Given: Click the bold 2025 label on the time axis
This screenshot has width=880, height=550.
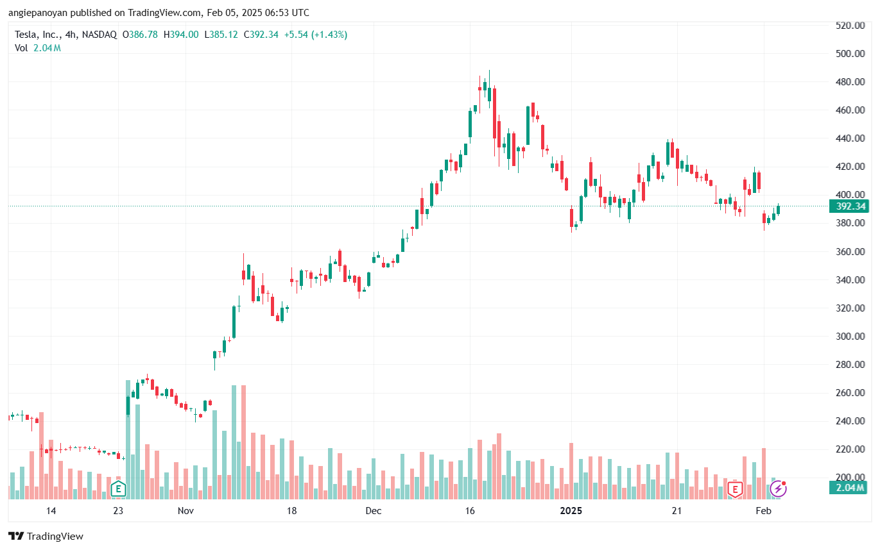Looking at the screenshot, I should click(571, 511).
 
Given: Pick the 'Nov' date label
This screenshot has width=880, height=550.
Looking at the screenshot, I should click(185, 511).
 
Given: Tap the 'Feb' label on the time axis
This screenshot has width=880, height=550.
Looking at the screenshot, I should click(763, 511).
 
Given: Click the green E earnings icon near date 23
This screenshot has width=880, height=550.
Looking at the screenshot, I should click(117, 490).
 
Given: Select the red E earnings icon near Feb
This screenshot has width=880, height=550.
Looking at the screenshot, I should click(735, 490).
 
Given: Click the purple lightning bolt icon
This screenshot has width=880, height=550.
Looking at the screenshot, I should click(778, 490).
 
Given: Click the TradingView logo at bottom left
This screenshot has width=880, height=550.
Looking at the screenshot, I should click(46, 537).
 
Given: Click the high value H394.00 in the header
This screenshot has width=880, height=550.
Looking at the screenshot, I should click(181, 35).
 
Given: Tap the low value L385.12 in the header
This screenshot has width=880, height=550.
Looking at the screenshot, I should click(221, 35).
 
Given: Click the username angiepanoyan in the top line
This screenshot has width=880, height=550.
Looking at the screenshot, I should click(37, 13).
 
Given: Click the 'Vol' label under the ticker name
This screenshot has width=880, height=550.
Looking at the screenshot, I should click(21, 48).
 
